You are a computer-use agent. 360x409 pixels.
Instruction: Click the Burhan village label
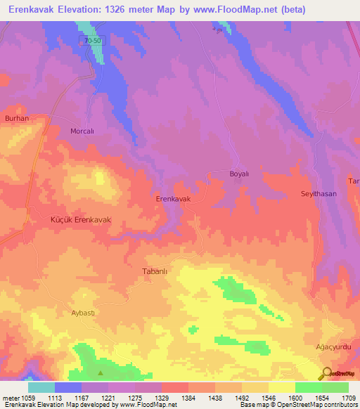tap(16, 119)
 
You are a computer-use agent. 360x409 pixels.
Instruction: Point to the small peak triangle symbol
tap(100, 372)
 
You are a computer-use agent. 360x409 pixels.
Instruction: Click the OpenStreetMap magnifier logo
tap(326, 373)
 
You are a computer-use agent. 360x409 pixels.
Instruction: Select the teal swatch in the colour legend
tap(41, 387)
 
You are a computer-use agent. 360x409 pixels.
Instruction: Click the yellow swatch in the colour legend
tap(281, 387)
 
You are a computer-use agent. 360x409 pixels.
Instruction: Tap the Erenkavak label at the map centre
tap(173, 200)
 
